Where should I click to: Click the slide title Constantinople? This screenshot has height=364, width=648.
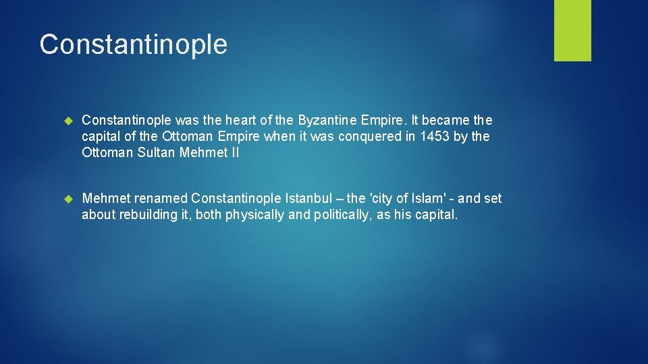(133, 44)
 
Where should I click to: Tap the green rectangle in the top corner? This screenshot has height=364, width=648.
(572, 30)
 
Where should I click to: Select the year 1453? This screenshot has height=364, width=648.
(433, 136)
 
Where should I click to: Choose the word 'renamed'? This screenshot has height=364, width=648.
(161, 198)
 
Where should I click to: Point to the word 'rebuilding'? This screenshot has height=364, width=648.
(152, 214)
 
